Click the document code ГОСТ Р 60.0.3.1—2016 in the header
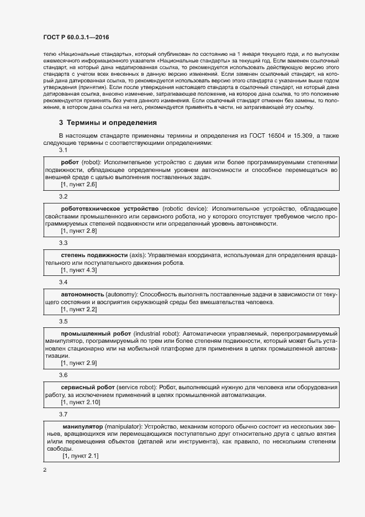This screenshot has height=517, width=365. click(76, 37)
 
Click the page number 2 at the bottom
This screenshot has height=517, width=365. click(45, 470)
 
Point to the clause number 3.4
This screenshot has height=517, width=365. click(64, 282)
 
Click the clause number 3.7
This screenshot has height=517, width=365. click(64, 414)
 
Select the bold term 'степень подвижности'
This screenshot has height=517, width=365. click(94, 255)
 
